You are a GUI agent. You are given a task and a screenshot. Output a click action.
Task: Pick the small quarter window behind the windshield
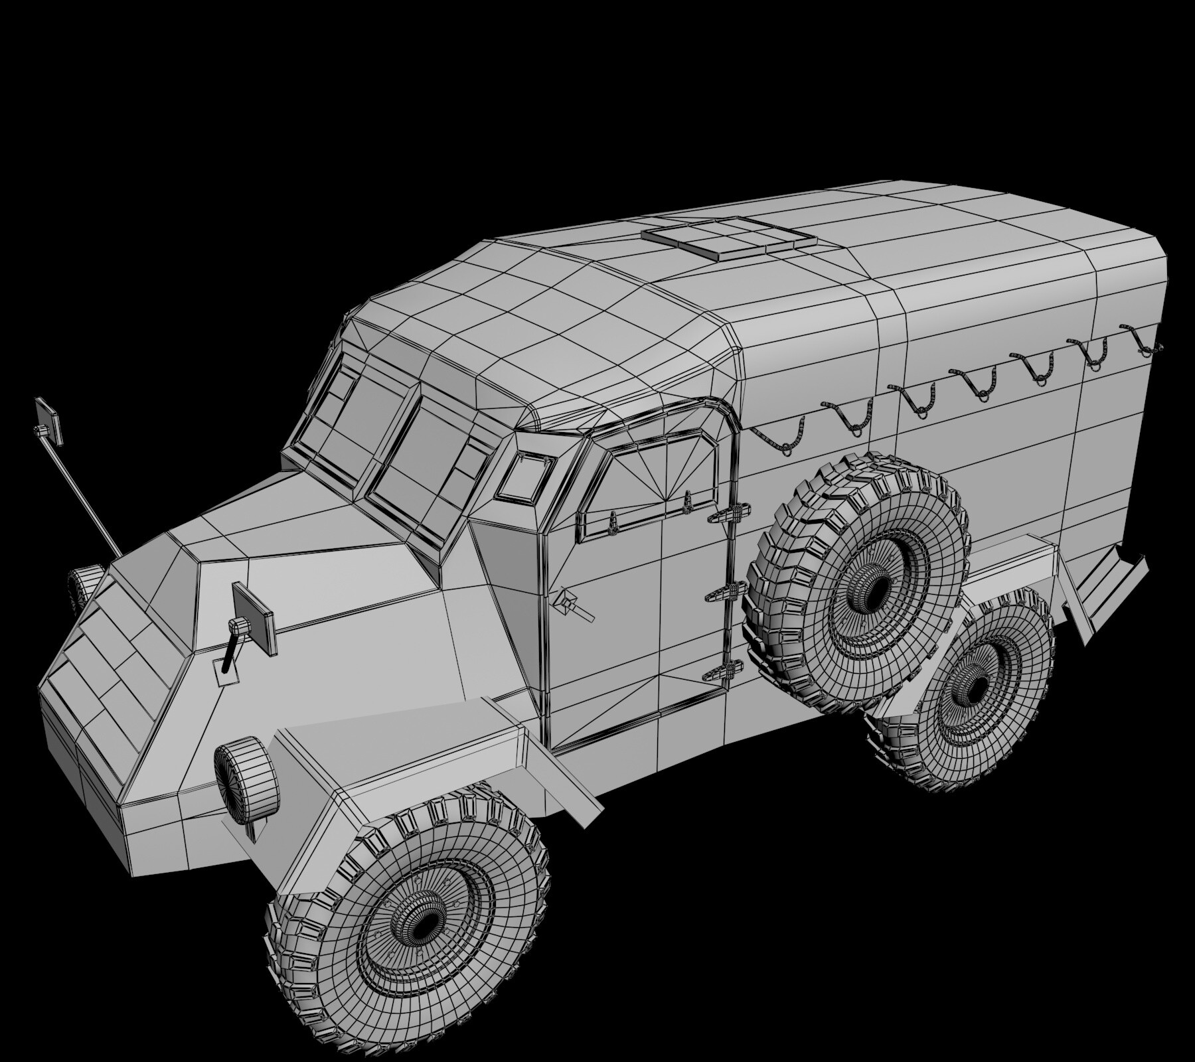point(526,476)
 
